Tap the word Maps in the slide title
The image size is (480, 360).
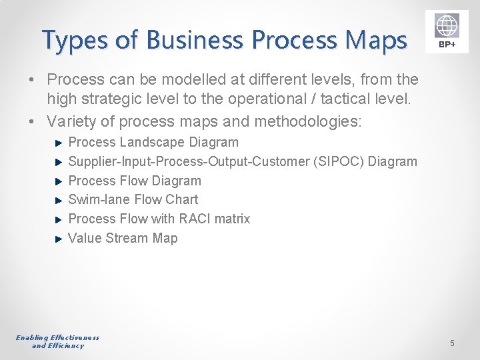point(377,41)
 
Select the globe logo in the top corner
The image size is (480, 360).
point(447,25)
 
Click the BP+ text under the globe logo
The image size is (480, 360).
point(447,45)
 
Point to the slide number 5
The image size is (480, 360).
point(452,343)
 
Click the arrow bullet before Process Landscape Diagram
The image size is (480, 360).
point(59,143)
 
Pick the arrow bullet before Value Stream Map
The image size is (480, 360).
point(59,238)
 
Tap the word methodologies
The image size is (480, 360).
point(297,121)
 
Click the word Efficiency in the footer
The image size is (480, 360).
point(66,346)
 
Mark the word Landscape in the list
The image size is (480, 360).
point(155,142)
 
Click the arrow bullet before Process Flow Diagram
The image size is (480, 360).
point(59,181)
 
